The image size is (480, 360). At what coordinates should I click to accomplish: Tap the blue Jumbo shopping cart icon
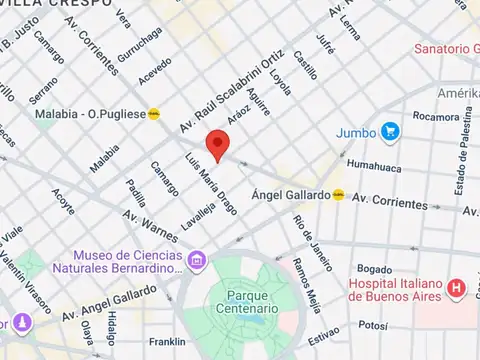click(x=390, y=130)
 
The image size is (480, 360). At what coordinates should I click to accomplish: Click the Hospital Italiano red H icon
click(x=458, y=288)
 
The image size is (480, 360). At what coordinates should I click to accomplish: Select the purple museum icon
click(x=197, y=262)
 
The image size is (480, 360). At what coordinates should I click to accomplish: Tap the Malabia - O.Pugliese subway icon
click(x=154, y=114)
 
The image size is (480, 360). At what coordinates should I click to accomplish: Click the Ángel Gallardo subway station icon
click(x=339, y=195)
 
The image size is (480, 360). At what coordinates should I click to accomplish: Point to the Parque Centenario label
click(x=243, y=301)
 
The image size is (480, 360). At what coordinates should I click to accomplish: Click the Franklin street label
click(x=166, y=341)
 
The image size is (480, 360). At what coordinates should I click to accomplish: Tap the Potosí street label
click(x=372, y=325)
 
